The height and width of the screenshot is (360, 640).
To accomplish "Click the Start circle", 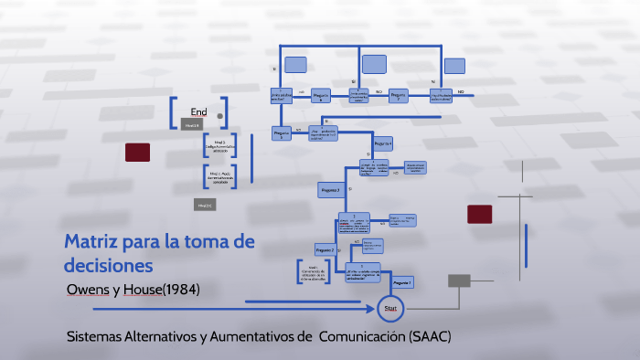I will [x=390, y=310].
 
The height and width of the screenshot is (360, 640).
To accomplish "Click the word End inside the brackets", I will [x=198, y=112].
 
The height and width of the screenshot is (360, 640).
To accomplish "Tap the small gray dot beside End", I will [x=220, y=116].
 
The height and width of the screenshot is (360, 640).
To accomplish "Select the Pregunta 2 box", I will [x=325, y=249].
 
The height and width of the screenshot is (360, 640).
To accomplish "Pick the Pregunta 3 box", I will [x=330, y=189].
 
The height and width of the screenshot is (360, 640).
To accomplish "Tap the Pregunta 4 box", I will [x=383, y=143].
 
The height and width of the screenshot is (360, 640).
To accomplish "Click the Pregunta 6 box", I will [x=320, y=95].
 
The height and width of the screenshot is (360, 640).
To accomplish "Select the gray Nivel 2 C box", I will [x=205, y=206].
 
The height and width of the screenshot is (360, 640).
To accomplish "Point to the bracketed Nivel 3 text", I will [x=219, y=145].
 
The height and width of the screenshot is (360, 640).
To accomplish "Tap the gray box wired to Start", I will [x=459, y=281].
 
